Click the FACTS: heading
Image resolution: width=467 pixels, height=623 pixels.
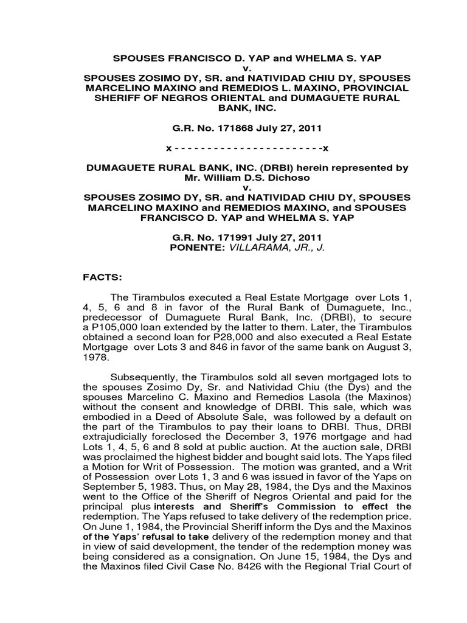tap(103, 277)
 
